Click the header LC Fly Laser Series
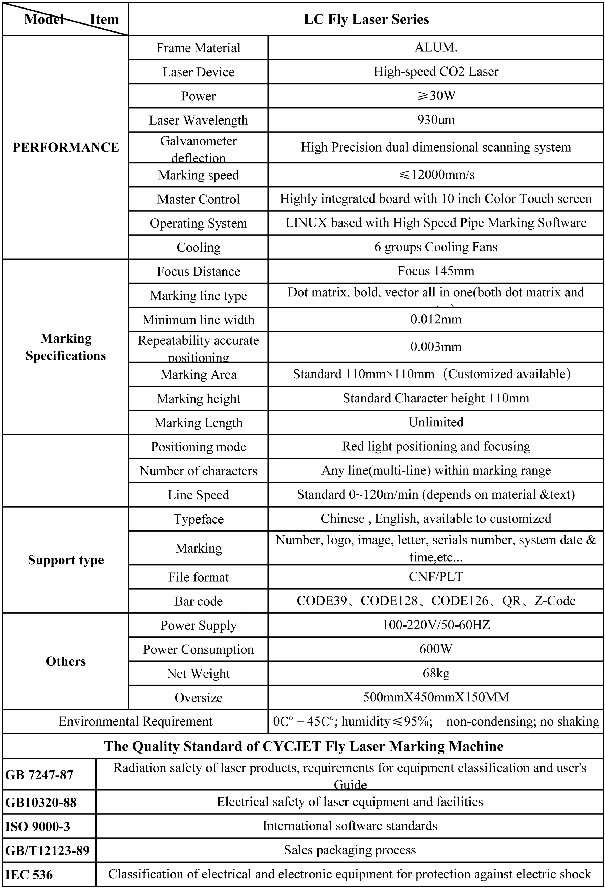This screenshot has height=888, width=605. click(366, 19)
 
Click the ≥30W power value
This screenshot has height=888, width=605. click(436, 96)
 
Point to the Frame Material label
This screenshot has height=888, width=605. click(198, 48)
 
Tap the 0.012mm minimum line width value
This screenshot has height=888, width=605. click(436, 319)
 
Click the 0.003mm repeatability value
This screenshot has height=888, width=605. click(436, 347)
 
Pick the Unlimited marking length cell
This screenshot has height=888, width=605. click(436, 422)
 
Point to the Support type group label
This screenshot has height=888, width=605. click(66, 560)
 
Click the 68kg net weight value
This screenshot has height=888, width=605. click(436, 673)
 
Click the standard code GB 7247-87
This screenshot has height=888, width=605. click(39, 775)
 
